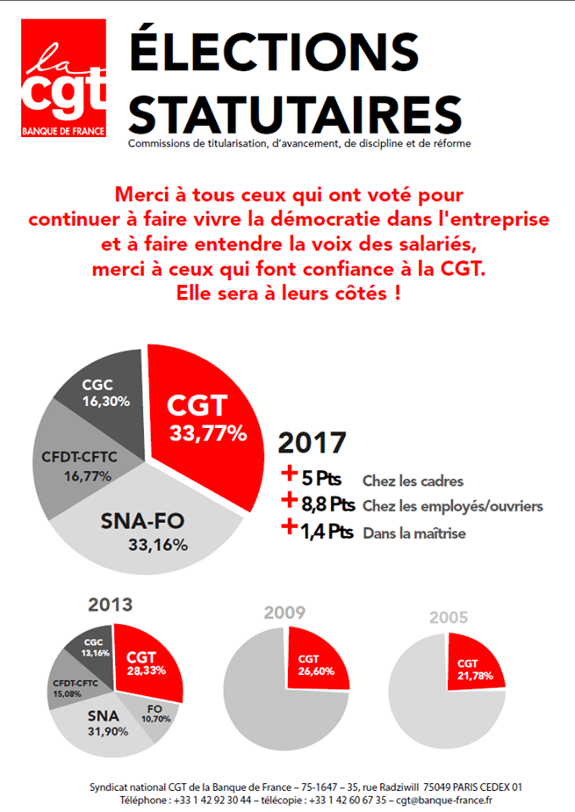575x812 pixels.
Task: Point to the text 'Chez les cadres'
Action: point(412,481)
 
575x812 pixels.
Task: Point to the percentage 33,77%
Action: point(208,434)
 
